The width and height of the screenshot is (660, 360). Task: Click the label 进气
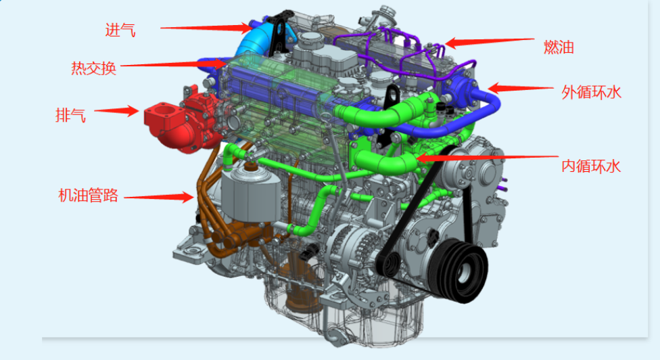tap(120, 30)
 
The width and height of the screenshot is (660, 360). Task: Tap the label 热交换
tap(93, 68)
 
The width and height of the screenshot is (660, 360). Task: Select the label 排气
tap(71, 115)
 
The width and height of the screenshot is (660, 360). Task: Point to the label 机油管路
tap(88, 196)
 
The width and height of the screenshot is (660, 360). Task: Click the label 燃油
tap(559, 47)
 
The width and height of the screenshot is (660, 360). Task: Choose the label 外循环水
tap(592, 92)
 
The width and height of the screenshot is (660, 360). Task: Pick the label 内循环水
tap(591, 166)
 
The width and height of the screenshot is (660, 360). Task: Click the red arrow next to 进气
tap(207, 28)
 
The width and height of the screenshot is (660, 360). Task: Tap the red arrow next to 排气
tap(116, 111)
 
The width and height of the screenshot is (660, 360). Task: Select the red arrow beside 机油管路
tap(159, 197)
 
